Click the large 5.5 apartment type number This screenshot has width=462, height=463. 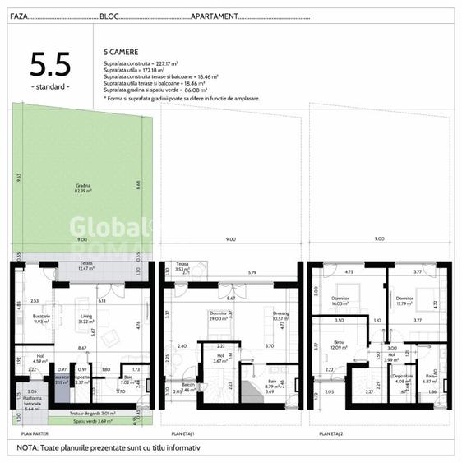(x=50, y=65)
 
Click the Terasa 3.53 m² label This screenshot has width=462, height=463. (x=182, y=266)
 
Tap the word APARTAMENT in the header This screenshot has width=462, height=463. (x=216, y=16)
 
